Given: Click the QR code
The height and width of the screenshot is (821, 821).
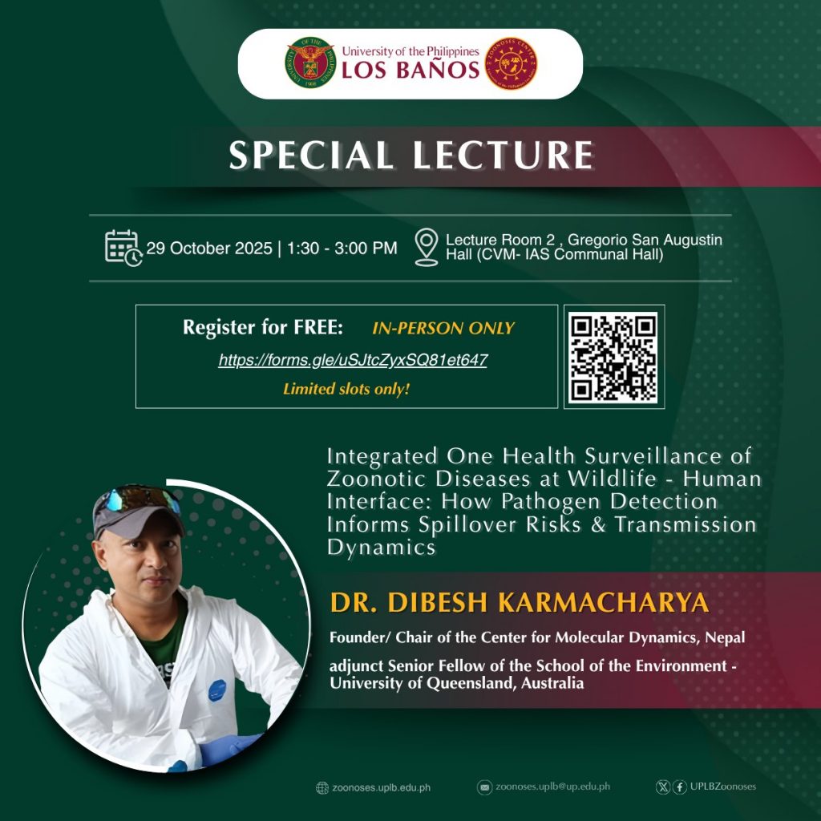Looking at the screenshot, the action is coord(613,357).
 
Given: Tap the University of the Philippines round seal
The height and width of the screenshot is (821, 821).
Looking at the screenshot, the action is coord(310,63).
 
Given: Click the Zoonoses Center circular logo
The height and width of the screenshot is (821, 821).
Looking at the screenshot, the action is coord(511,63).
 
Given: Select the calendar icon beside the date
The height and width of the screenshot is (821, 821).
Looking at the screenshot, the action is coord(123,248).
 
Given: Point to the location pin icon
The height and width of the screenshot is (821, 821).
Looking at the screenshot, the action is coord(427,247).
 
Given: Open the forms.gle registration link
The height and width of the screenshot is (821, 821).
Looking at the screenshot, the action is coord(353,360).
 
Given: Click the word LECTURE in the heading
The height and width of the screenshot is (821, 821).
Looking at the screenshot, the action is coord(504,155).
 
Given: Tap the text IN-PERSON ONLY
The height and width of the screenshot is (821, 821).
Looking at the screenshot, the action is coord(443,328).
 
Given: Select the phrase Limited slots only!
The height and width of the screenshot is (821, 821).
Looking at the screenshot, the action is coord(346,389).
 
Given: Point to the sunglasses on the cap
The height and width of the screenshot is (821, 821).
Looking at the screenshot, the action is coord(138,498).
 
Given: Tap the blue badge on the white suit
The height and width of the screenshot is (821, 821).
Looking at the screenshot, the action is coord(217,690).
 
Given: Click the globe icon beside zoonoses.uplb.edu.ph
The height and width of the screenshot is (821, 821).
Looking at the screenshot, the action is coord(322,788).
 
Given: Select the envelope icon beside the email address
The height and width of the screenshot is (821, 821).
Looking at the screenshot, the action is coord(485,787).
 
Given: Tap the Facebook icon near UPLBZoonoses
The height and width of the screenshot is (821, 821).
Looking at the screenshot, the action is coord(680,787).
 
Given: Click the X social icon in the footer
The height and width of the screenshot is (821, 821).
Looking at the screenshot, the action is coord(663,787).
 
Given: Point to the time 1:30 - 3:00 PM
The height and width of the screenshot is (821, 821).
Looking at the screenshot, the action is coord(342,249).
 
